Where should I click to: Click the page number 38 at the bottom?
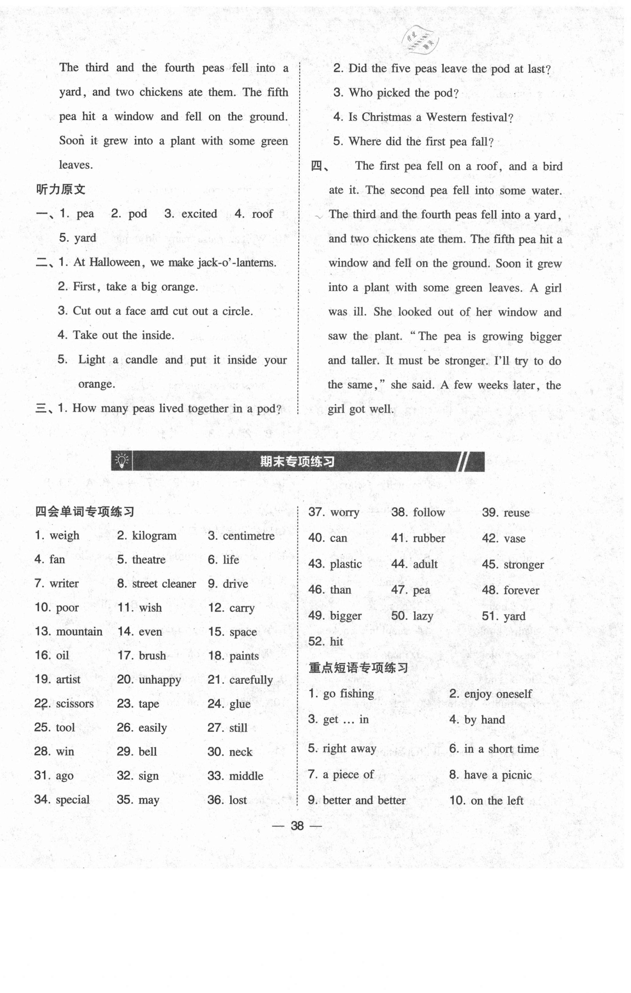pyautogui.click(x=297, y=826)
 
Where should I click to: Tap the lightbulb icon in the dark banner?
pyautogui.click(x=122, y=461)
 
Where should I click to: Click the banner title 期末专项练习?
pyautogui.click(x=297, y=462)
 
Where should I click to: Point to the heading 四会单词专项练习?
pyautogui.click(x=85, y=512)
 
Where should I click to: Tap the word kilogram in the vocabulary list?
pyautogui.click(x=154, y=536)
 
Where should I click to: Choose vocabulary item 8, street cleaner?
pyautogui.click(x=164, y=584)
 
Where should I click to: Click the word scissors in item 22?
pyautogui.click(x=75, y=704)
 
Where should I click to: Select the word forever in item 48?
pyautogui.click(x=521, y=590)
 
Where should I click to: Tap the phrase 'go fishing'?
pyautogui.click(x=348, y=694)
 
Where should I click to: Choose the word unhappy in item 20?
pyautogui.click(x=160, y=680)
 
